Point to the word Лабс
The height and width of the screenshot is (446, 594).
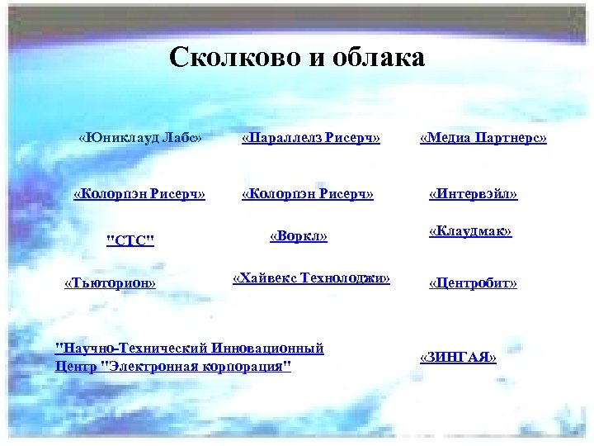click(x=182, y=136)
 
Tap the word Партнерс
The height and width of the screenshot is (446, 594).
click(x=514, y=136)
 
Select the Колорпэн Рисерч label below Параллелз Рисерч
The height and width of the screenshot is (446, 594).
click(x=307, y=194)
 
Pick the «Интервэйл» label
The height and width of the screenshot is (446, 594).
click(x=474, y=194)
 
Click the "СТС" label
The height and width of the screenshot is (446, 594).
click(x=131, y=240)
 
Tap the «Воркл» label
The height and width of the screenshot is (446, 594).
click(x=299, y=236)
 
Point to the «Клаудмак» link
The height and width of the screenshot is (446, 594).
click(x=470, y=232)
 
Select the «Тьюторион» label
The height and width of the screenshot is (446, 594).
click(x=110, y=282)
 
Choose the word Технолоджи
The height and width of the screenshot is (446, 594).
click(x=347, y=278)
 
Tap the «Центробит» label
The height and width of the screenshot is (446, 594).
click(x=473, y=283)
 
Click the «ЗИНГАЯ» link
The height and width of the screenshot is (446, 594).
click(x=459, y=357)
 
